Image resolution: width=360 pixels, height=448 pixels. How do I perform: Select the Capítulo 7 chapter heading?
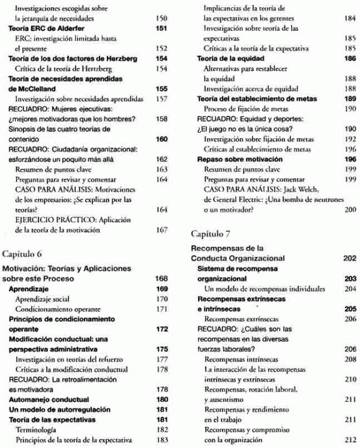click(x=210, y=232)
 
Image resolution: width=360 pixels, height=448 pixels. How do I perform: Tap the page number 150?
click(x=160, y=19)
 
